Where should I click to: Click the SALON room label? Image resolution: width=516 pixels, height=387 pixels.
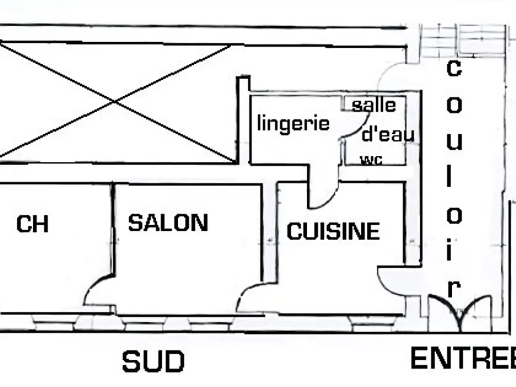click(x=168, y=223)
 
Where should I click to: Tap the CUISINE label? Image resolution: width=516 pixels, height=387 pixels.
click(x=334, y=231)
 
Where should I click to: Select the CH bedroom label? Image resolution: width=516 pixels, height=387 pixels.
click(x=32, y=224)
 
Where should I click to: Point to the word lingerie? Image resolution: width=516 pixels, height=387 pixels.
click(x=293, y=123)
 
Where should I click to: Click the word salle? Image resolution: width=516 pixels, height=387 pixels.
click(x=374, y=105)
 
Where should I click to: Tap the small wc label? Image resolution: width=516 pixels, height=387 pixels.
click(x=372, y=160)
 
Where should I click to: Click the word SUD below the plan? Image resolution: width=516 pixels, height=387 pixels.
click(x=153, y=361)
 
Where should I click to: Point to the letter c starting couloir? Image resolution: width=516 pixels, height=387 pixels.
click(x=454, y=68)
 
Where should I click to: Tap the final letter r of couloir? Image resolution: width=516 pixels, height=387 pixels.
click(x=454, y=288)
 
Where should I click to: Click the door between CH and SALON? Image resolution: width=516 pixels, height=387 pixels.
click(x=99, y=289)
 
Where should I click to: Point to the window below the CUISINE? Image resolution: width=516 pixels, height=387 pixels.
click(x=373, y=323)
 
